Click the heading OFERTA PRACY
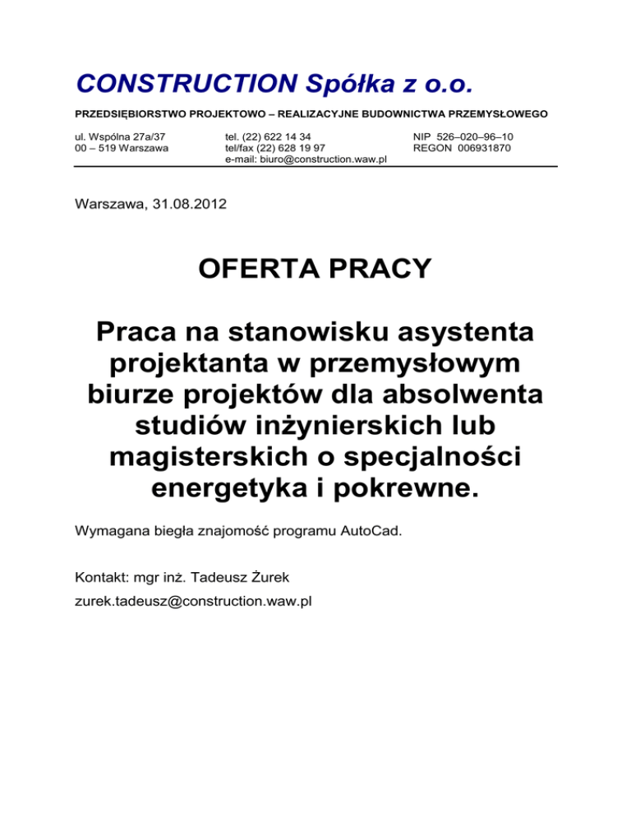coord(315,270)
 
